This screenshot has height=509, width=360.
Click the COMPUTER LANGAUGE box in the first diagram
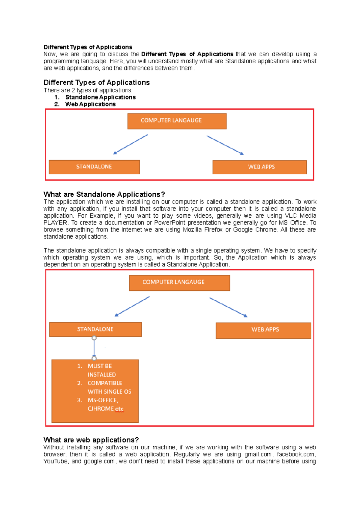(177, 121)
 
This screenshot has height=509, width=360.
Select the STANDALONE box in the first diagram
(94, 167)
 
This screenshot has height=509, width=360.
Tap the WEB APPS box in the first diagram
(259, 167)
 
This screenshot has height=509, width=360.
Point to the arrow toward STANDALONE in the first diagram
(130, 144)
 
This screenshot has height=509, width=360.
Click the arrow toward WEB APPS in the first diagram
(225, 145)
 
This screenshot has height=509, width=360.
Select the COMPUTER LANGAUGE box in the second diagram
(179, 283)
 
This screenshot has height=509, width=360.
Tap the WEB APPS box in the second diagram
(263, 330)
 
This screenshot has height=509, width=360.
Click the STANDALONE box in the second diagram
(95, 329)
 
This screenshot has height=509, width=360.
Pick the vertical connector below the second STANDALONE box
(94, 348)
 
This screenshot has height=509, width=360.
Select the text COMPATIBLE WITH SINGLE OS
(109, 387)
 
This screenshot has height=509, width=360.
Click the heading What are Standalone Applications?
(104, 194)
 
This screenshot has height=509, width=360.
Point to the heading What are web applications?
(91, 440)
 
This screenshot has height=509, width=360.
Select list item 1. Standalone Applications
(100, 97)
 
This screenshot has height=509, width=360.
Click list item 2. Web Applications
(90, 104)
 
